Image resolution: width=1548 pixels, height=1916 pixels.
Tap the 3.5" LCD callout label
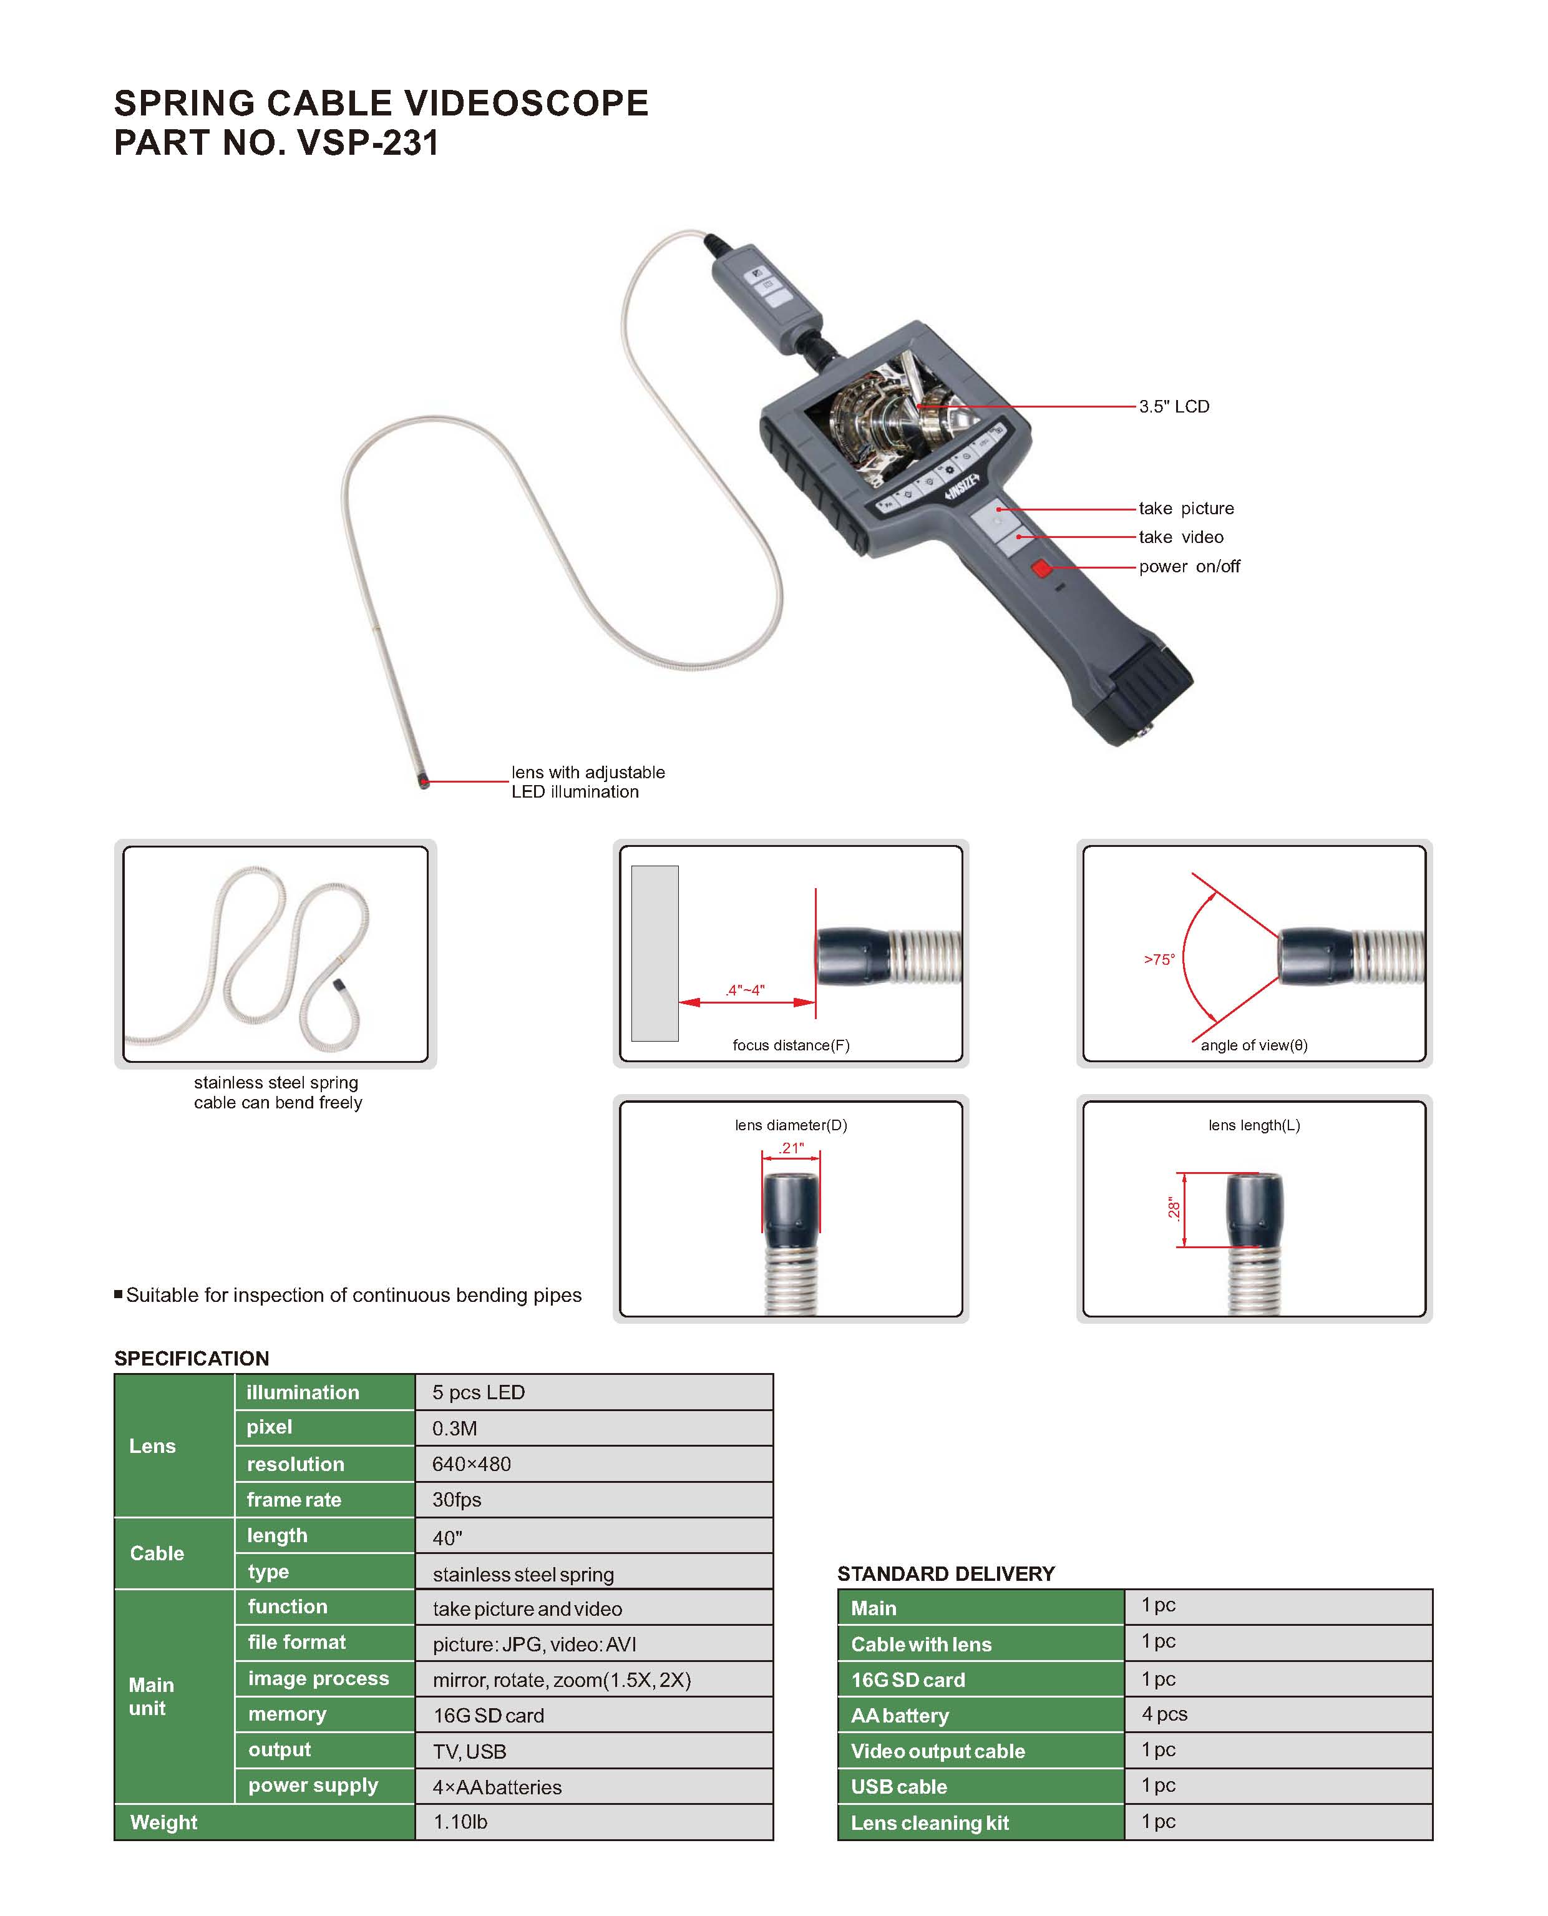(1174, 407)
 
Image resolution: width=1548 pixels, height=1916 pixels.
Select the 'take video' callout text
(1180, 537)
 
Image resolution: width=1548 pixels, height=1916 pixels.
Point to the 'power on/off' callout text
(1189, 567)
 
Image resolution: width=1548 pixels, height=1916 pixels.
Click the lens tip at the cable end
(424, 782)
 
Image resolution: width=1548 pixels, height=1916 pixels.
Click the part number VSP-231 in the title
(368, 143)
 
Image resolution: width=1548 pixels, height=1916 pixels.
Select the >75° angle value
(1159, 960)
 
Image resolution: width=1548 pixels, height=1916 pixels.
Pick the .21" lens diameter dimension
(791, 1148)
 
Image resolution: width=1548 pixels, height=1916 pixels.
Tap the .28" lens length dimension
(1174, 1210)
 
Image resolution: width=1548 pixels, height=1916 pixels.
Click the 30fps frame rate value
(457, 1500)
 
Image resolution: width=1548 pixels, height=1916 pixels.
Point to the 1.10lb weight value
(460, 1822)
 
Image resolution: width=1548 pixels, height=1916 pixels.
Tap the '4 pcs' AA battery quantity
(1164, 1714)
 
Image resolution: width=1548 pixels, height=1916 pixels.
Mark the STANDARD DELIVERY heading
(945, 1573)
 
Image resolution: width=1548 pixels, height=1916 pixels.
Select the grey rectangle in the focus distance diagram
(655, 952)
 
